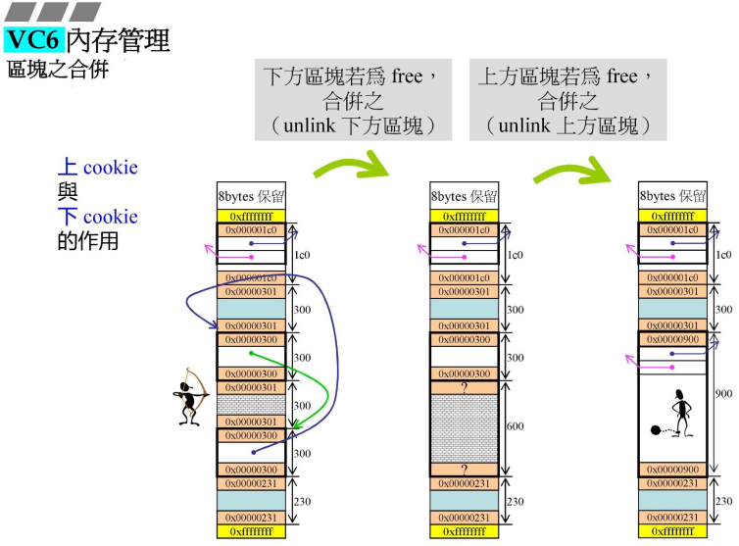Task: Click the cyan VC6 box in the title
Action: point(34,40)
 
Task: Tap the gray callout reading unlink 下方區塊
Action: point(352,101)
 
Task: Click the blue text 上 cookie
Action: point(97,168)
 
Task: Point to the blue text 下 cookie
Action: point(97,217)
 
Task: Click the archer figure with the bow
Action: point(187,397)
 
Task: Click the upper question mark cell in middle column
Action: point(465,388)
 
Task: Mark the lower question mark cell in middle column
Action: point(465,469)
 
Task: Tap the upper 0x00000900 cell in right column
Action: point(672,339)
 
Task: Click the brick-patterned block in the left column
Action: point(251,405)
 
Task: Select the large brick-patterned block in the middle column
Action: point(465,428)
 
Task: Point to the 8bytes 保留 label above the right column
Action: point(672,196)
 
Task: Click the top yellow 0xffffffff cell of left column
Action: point(251,216)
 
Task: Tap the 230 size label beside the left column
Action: point(302,500)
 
